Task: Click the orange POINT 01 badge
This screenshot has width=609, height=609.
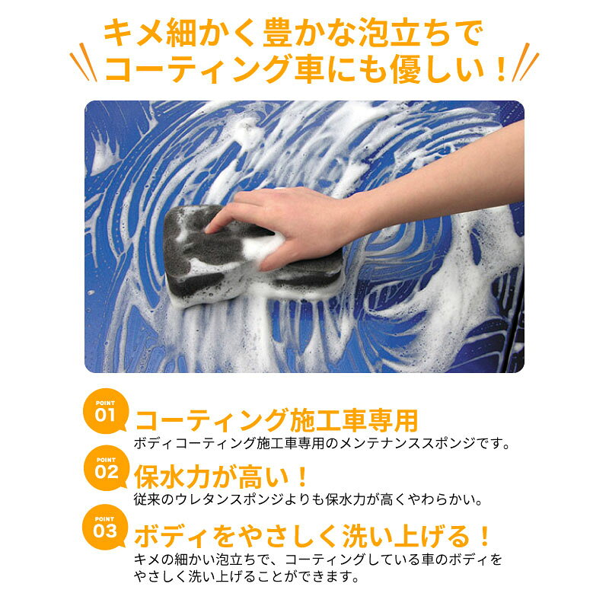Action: pos(105,411)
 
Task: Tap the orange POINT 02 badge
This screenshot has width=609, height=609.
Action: pos(106,468)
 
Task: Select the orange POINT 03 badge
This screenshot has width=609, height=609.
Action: pos(105,527)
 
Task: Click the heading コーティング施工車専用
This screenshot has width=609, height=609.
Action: pos(276,421)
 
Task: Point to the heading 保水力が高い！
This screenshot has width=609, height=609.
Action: pos(221,477)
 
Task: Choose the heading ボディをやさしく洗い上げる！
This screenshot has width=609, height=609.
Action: pos(312,536)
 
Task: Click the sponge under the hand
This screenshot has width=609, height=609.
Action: pos(253,257)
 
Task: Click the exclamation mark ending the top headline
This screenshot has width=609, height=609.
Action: pos(502,70)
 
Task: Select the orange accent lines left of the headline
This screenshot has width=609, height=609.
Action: pos(84,62)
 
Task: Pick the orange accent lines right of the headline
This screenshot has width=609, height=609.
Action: pos(525,62)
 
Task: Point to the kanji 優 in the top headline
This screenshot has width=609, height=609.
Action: pos(406,69)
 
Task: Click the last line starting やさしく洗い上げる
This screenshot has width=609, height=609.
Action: pos(246,576)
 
